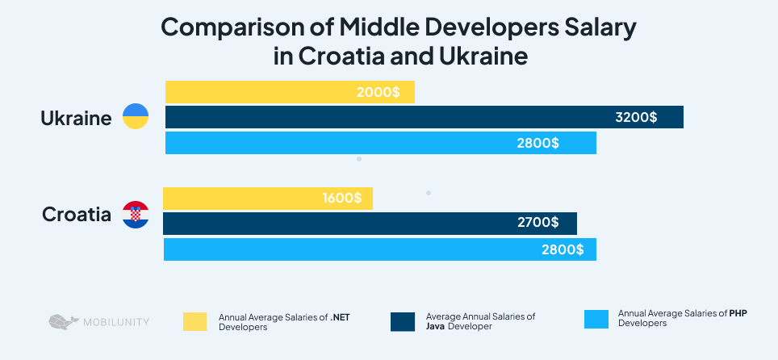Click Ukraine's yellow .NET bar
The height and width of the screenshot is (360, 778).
click(x=266, y=92)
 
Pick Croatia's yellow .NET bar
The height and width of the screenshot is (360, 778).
click(x=242, y=199)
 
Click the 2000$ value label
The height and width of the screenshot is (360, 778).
click(x=378, y=92)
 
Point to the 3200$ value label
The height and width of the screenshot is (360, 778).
click(x=636, y=117)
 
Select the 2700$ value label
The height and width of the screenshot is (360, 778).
click(x=537, y=224)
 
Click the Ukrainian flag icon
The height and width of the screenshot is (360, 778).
click(x=135, y=118)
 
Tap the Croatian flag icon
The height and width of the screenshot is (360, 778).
click(x=135, y=215)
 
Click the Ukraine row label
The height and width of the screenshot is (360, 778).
click(x=76, y=119)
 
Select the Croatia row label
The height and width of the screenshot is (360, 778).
click(x=77, y=215)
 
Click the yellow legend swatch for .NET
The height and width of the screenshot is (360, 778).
click(x=195, y=321)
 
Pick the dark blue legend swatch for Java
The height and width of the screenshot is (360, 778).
click(x=402, y=321)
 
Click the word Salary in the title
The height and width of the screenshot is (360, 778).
click(x=597, y=27)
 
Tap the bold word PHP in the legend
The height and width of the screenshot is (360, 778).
click(x=738, y=313)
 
